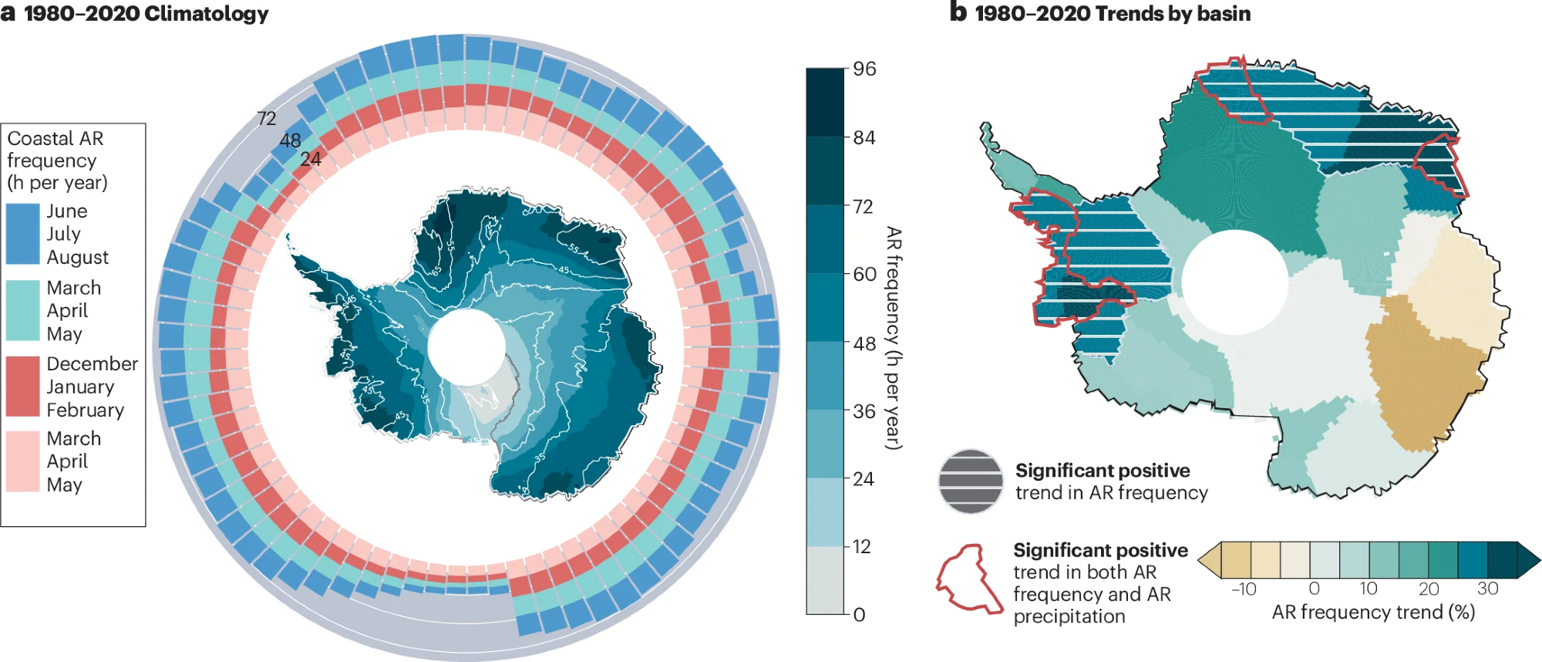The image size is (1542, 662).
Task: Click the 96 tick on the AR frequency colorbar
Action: pyautogui.click(x=864, y=69)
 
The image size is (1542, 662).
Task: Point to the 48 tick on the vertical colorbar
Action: pyautogui.click(x=864, y=343)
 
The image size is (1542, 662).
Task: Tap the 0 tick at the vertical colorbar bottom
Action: pyautogui.click(x=859, y=615)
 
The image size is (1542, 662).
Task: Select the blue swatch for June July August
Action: pyautogui.click(x=23, y=234)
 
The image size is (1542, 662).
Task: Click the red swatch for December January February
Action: pyautogui.click(x=23, y=386)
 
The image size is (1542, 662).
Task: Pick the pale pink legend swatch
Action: pyautogui.click(x=23, y=461)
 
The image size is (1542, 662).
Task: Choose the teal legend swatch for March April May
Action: pyautogui.click(x=23, y=310)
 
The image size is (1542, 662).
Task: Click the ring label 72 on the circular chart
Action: pyautogui.click(x=267, y=119)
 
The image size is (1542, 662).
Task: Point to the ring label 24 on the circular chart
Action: pyautogui.click(x=311, y=159)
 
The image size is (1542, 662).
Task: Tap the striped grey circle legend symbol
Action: pyautogui.click(x=971, y=481)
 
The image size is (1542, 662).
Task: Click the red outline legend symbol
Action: pyautogui.click(x=968, y=579)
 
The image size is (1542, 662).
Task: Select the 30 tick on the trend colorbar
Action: pyautogui.click(x=1487, y=589)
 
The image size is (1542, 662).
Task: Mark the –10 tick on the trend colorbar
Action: pyautogui.click(x=1244, y=589)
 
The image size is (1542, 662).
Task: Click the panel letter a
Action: pyautogui.click(x=8, y=13)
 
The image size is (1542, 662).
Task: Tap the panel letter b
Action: pyautogui.click(x=958, y=12)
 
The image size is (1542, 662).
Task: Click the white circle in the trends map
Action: pyautogui.click(x=1234, y=282)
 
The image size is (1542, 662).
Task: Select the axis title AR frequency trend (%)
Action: pyautogui.click(x=1373, y=612)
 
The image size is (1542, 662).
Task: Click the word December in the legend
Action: pyautogui.click(x=92, y=363)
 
